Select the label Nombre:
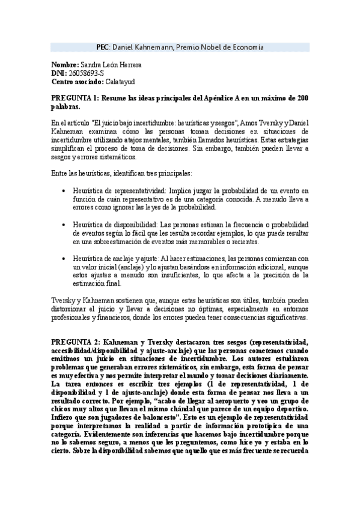65,64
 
